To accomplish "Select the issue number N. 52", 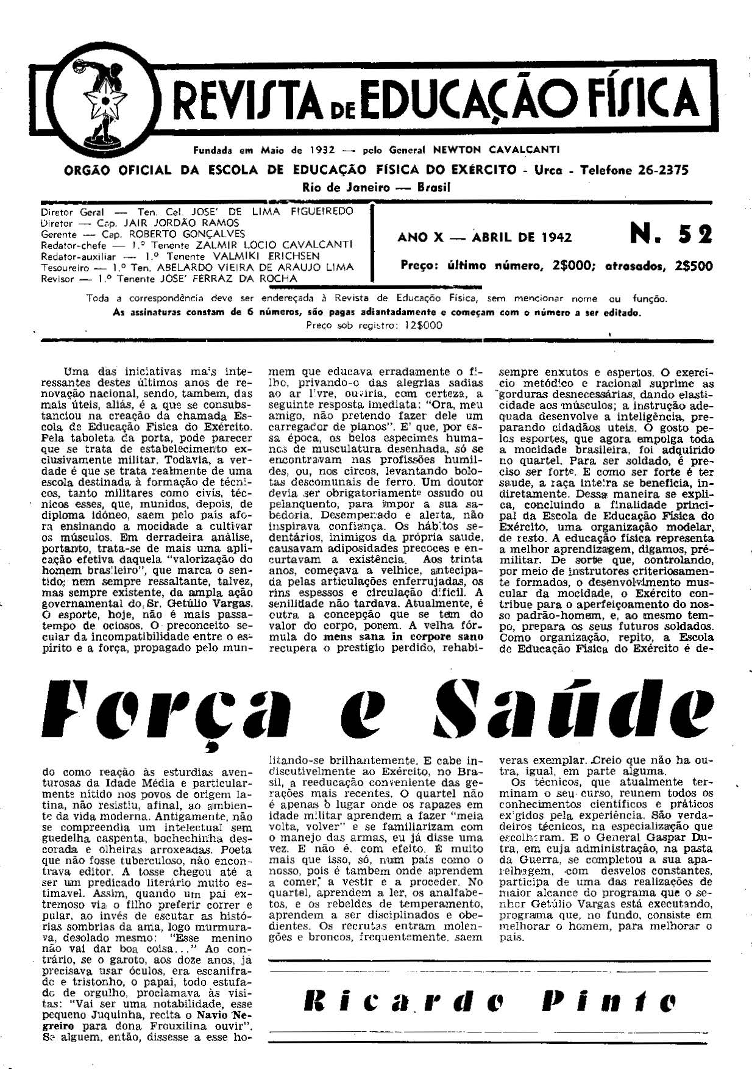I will click(670, 235).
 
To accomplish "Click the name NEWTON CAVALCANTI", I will click(496, 149).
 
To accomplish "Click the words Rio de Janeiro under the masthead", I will click(346, 187).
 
